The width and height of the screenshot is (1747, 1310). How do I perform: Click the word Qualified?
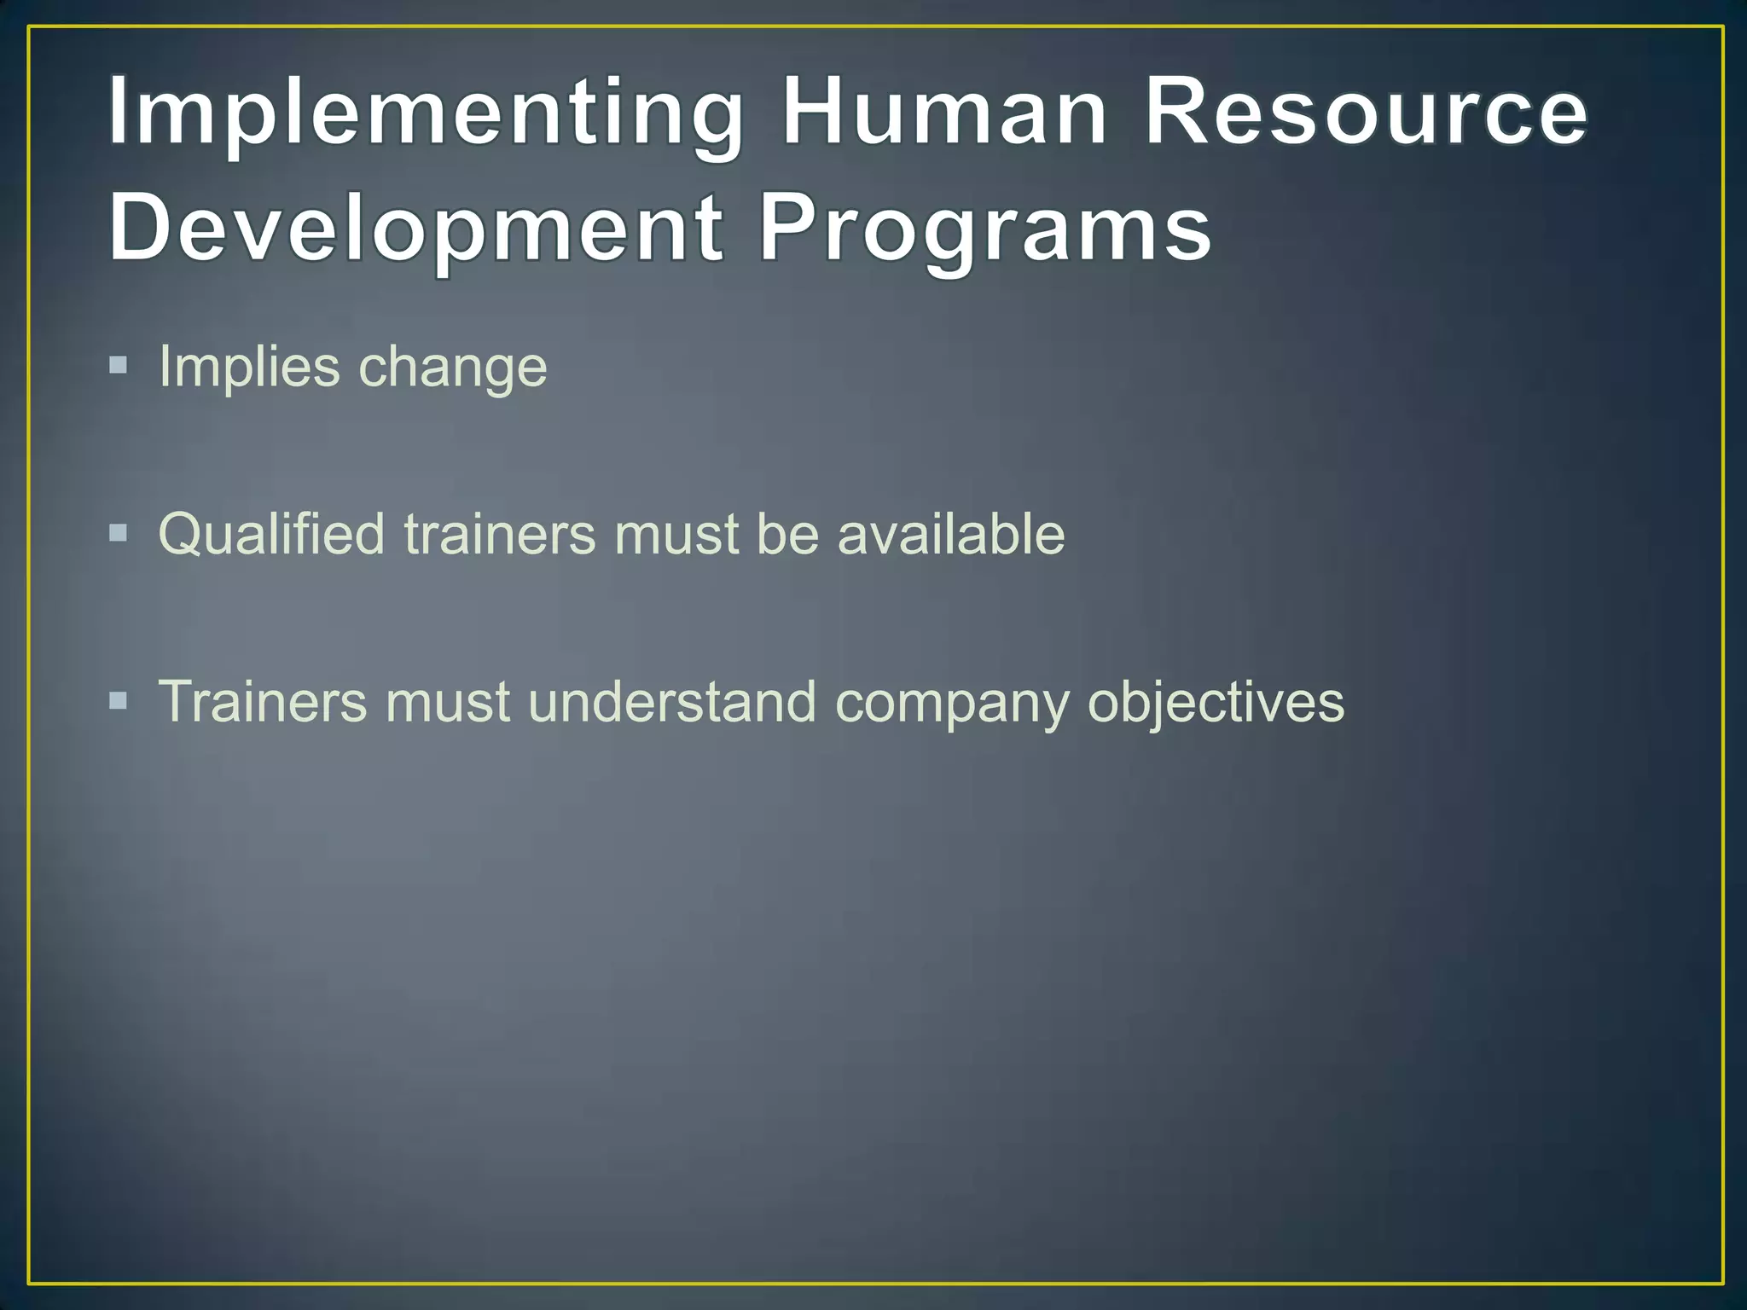(x=271, y=535)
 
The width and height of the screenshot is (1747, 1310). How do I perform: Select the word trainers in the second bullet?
(x=500, y=535)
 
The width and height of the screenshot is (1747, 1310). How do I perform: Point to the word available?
(x=951, y=535)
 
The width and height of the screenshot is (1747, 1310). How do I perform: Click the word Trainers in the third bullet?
(x=263, y=702)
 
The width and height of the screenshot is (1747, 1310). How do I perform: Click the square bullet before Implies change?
(x=119, y=367)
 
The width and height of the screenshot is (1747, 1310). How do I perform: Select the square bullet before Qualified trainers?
(x=119, y=534)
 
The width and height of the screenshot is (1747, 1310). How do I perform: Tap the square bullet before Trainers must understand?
(x=119, y=701)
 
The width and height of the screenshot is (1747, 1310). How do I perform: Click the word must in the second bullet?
(x=676, y=535)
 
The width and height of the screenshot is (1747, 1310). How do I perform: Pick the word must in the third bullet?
(x=447, y=702)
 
